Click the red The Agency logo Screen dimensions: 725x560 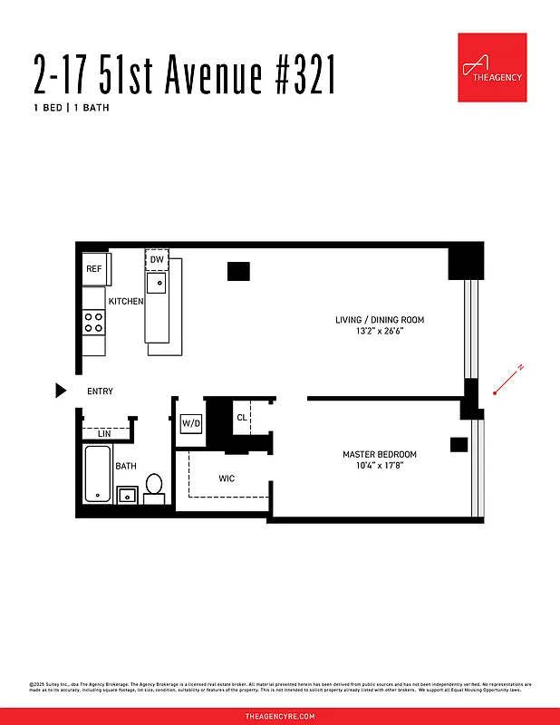click(492, 68)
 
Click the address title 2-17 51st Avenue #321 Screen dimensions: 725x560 click(185, 74)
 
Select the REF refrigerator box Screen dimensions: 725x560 click(95, 269)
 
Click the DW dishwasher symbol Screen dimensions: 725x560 click(157, 260)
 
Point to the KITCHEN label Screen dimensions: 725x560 click(126, 301)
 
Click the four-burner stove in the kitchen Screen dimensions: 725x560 click(94, 321)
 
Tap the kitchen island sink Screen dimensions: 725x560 click(158, 283)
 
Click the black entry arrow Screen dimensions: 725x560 click(61, 391)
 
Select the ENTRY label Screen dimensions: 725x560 click(100, 391)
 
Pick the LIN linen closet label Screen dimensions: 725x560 click(104, 433)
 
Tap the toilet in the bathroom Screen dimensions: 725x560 click(154, 488)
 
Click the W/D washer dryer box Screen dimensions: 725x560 click(190, 423)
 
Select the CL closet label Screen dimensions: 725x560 click(242, 418)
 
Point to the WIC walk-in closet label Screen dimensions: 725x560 click(227, 478)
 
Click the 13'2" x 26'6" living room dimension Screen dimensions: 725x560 click(380, 332)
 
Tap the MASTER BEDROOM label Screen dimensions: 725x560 click(379, 454)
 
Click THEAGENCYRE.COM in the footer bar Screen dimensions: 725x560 click(280, 716)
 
